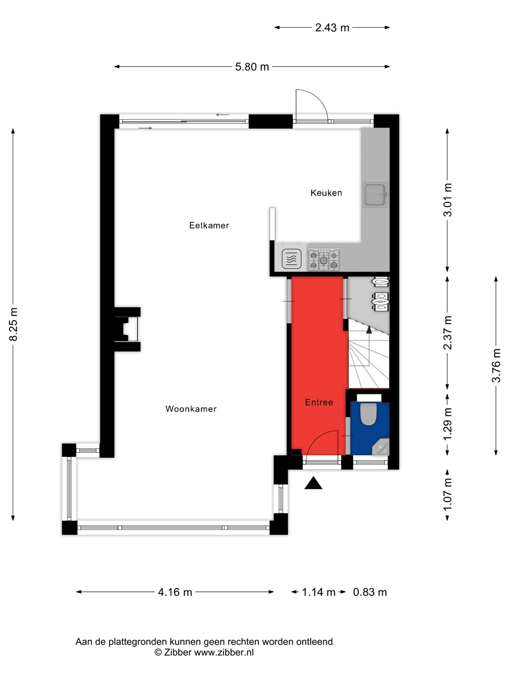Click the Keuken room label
326,193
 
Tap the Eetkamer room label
209,225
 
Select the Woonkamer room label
191,409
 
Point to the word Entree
319,402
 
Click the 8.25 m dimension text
14,324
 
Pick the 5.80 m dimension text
252,67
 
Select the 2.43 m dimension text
332,28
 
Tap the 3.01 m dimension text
448,200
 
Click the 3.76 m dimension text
496,365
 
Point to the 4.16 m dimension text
175,592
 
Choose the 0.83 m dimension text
370,592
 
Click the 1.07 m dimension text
448,495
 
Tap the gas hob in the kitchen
324,259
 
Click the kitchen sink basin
375,195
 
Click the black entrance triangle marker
313,484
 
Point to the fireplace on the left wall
127,329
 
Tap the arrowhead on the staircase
369,330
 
